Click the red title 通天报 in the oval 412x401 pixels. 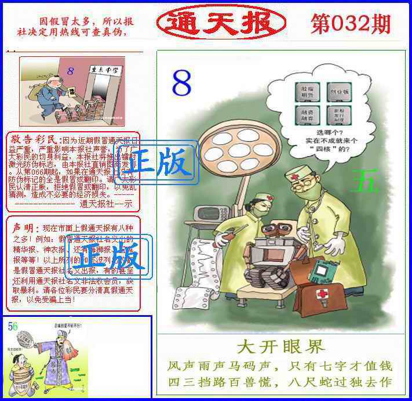[221, 23]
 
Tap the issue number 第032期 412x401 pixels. [351, 24]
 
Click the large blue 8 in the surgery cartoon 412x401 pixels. [181, 84]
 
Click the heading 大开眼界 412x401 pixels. [280, 347]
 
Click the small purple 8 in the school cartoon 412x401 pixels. [70, 71]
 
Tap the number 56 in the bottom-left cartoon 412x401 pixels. [13, 326]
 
